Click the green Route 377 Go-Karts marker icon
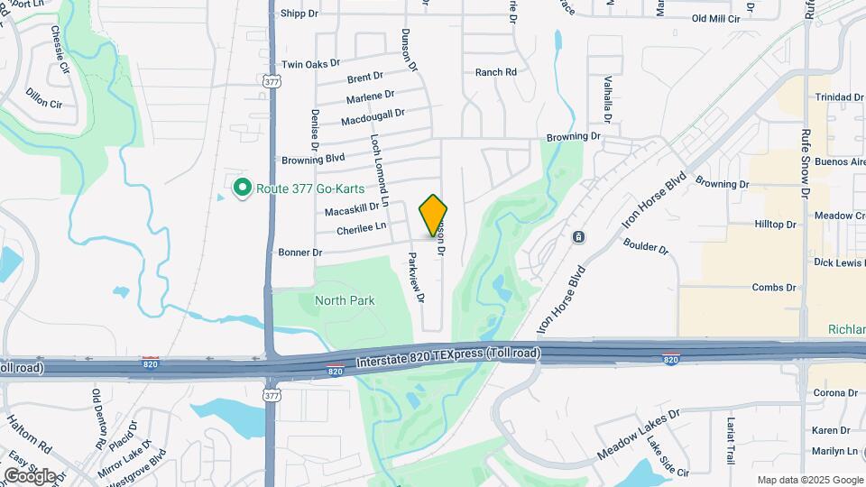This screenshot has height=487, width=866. (242, 188)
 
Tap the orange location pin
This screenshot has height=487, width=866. (433, 216)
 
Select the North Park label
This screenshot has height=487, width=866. (345, 300)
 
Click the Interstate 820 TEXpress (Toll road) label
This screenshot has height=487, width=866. (448, 358)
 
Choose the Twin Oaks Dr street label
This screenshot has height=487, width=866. (310, 64)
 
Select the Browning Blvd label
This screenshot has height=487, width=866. (313, 158)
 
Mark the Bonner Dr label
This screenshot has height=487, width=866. (300, 253)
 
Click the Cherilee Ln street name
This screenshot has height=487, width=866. (361, 229)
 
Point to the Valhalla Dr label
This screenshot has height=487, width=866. (608, 99)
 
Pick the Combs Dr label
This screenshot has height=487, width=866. (774, 288)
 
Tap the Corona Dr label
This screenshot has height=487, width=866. (834, 393)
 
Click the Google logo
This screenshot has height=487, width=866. (30, 475)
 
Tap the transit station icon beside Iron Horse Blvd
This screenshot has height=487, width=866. (578, 237)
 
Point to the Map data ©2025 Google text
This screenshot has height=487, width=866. (808, 480)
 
